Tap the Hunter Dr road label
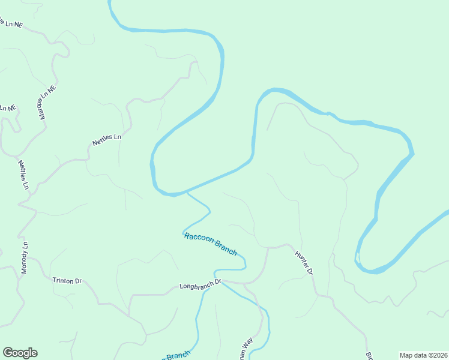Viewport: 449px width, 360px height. (304, 263)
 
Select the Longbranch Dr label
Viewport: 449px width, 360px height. (200, 284)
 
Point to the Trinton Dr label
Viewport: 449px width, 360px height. (67, 280)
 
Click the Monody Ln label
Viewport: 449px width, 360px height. (25, 259)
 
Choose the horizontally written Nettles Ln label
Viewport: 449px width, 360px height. (107, 140)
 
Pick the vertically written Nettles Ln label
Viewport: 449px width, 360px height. (23, 175)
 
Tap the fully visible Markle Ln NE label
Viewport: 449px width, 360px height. (47, 101)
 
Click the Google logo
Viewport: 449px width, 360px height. (20, 353)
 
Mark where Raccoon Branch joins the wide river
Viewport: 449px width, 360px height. (187, 193)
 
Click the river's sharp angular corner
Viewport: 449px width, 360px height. (412, 154)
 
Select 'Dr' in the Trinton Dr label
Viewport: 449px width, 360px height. (77, 280)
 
